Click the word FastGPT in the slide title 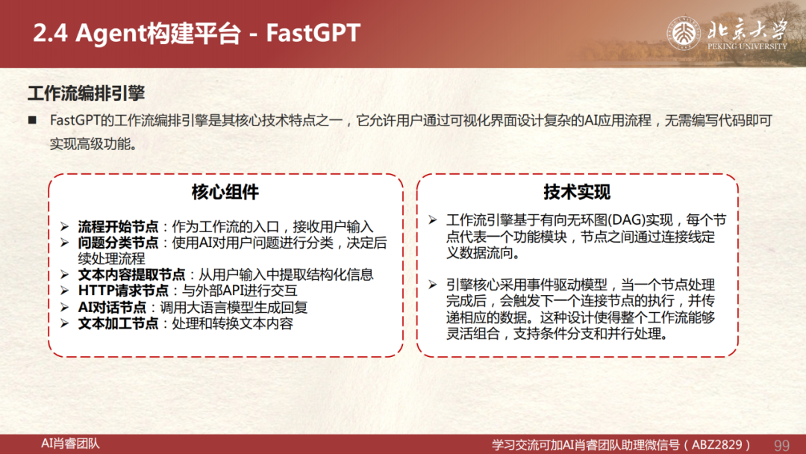point(313,33)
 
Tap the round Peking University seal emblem point(683,34)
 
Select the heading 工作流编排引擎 point(86,93)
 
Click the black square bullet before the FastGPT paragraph point(32,120)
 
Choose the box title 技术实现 point(577,192)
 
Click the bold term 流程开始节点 point(118,227)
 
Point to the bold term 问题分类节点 point(118,243)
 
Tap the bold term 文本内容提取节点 point(131,275)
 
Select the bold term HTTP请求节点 point(123,290)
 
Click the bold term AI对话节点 point(112,308)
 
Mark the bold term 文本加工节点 point(118,323)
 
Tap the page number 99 point(781,445)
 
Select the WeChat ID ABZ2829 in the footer point(717,445)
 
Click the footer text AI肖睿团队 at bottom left point(70,444)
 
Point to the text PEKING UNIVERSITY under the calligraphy point(747,46)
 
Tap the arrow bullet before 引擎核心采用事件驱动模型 point(433,284)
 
